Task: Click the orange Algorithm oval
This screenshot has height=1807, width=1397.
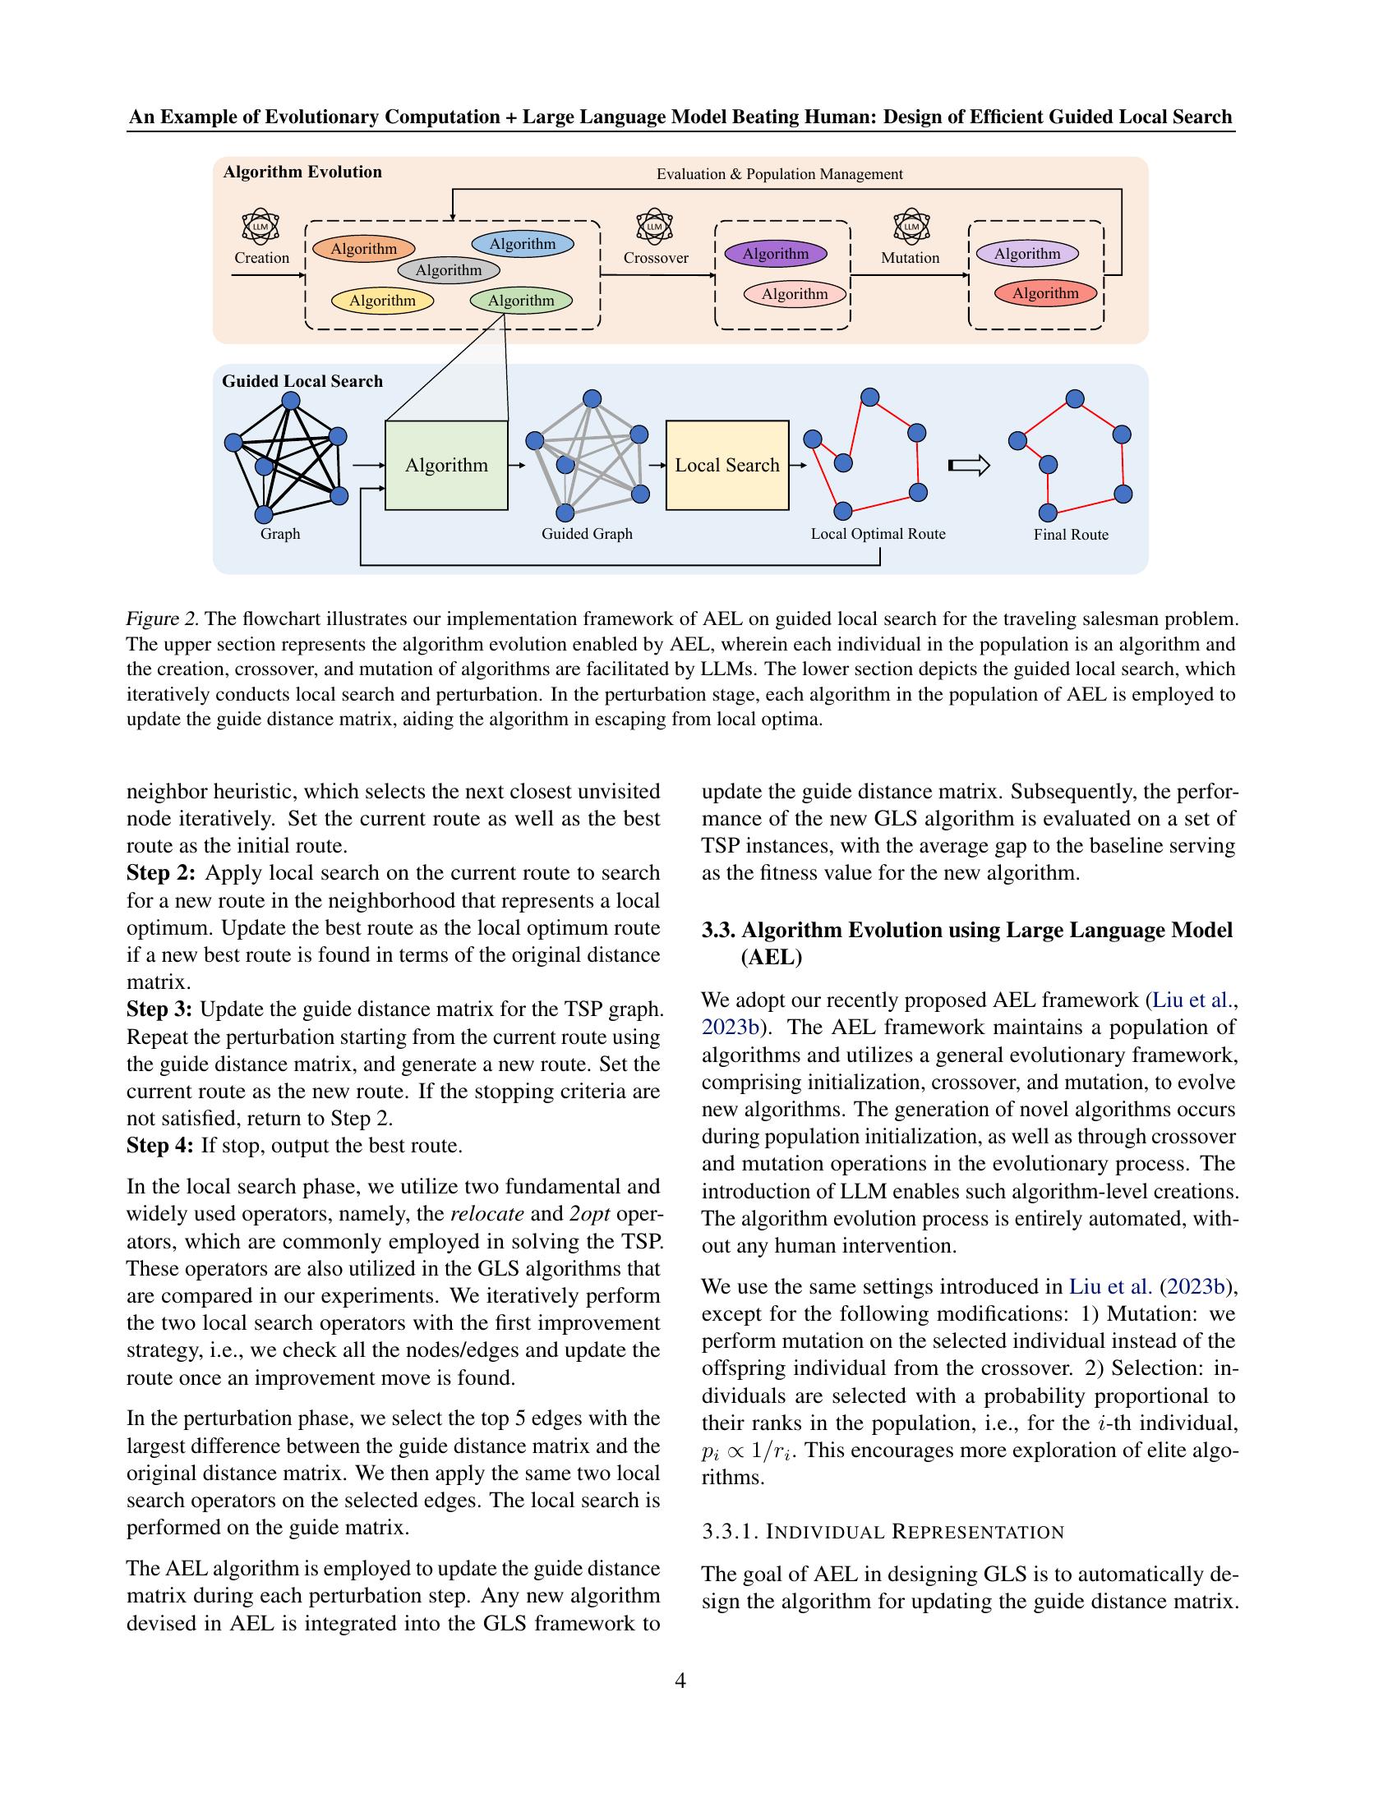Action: click(x=363, y=249)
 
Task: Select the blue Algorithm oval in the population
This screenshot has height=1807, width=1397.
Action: click(x=522, y=244)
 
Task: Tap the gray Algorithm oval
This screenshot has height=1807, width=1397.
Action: click(x=449, y=270)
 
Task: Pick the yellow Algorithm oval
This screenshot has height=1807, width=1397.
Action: click(x=381, y=301)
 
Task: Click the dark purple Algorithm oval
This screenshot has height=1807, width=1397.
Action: click(x=775, y=254)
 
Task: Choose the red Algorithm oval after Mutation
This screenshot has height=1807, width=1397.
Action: click(x=1045, y=293)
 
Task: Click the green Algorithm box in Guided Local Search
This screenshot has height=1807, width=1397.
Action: click(x=446, y=465)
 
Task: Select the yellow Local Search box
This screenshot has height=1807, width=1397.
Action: click(x=726, y=465)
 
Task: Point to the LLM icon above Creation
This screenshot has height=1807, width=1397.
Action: click(x=260, y=226)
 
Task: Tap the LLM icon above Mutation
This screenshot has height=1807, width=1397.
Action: click(x=911, y=226)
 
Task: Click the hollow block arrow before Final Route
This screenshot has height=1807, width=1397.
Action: click(x=968, y=466)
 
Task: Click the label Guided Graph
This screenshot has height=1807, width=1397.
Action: click(x=587, y=534)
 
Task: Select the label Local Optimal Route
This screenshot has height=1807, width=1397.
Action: click(x=878, y=534)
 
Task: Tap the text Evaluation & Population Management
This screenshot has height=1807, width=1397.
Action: click(x=779, y=174)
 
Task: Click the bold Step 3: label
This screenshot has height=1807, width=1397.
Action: click(x=159, y=1009)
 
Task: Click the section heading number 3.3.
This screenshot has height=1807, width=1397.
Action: click(x=717, y=930)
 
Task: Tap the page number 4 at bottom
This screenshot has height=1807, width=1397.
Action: click(x=680, y=1680)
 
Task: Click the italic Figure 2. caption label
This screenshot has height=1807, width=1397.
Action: click(x=162, y=618)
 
